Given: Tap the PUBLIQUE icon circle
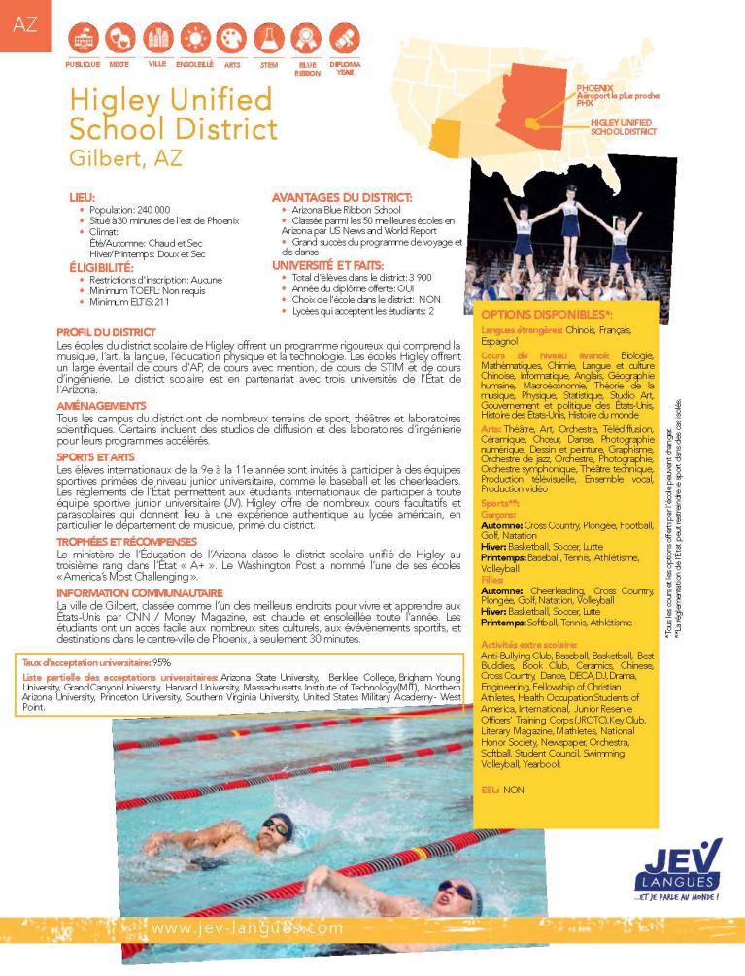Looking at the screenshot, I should (83, 38).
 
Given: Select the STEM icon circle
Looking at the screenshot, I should (269, 38).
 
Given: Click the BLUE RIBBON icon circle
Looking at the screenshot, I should (306, 38).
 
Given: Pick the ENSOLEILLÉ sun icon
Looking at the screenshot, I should (194, 38).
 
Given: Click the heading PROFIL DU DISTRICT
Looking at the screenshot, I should (107, 331).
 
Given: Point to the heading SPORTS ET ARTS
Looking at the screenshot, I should (95, 456).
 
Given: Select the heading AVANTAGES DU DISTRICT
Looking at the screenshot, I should (335, 197).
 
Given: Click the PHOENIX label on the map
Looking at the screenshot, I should (593, 87).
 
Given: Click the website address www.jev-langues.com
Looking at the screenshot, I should (248, 928).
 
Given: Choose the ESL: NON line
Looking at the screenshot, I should (502, 790).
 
